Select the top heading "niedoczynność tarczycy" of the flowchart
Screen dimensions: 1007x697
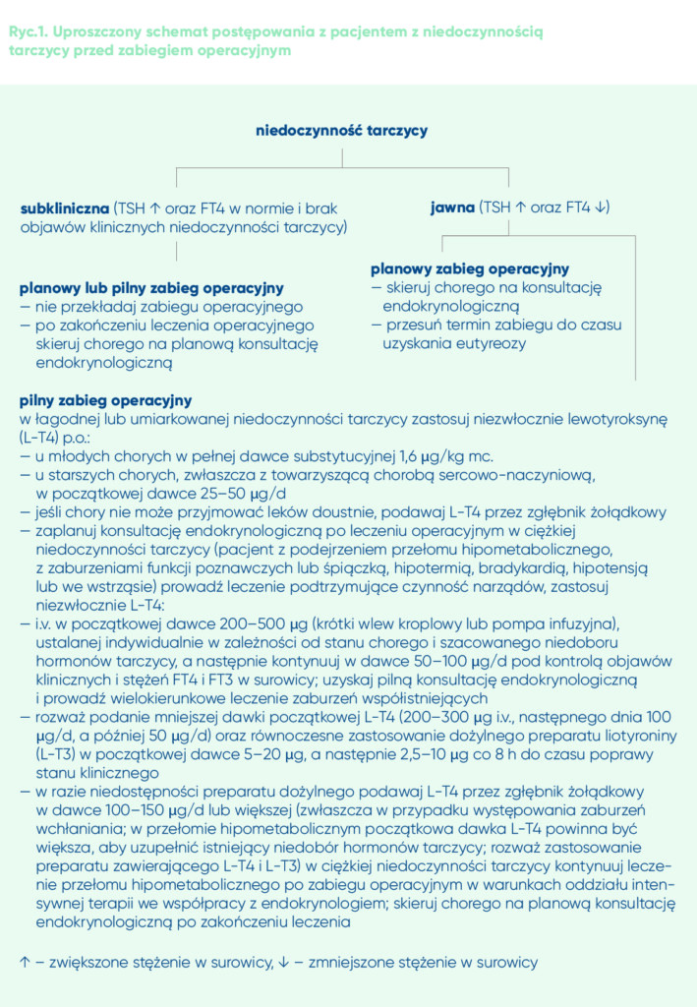pyautogui.click(x=341, y=130)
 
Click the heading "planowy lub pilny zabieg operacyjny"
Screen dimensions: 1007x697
pyautogui.click(x=151, y=288)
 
